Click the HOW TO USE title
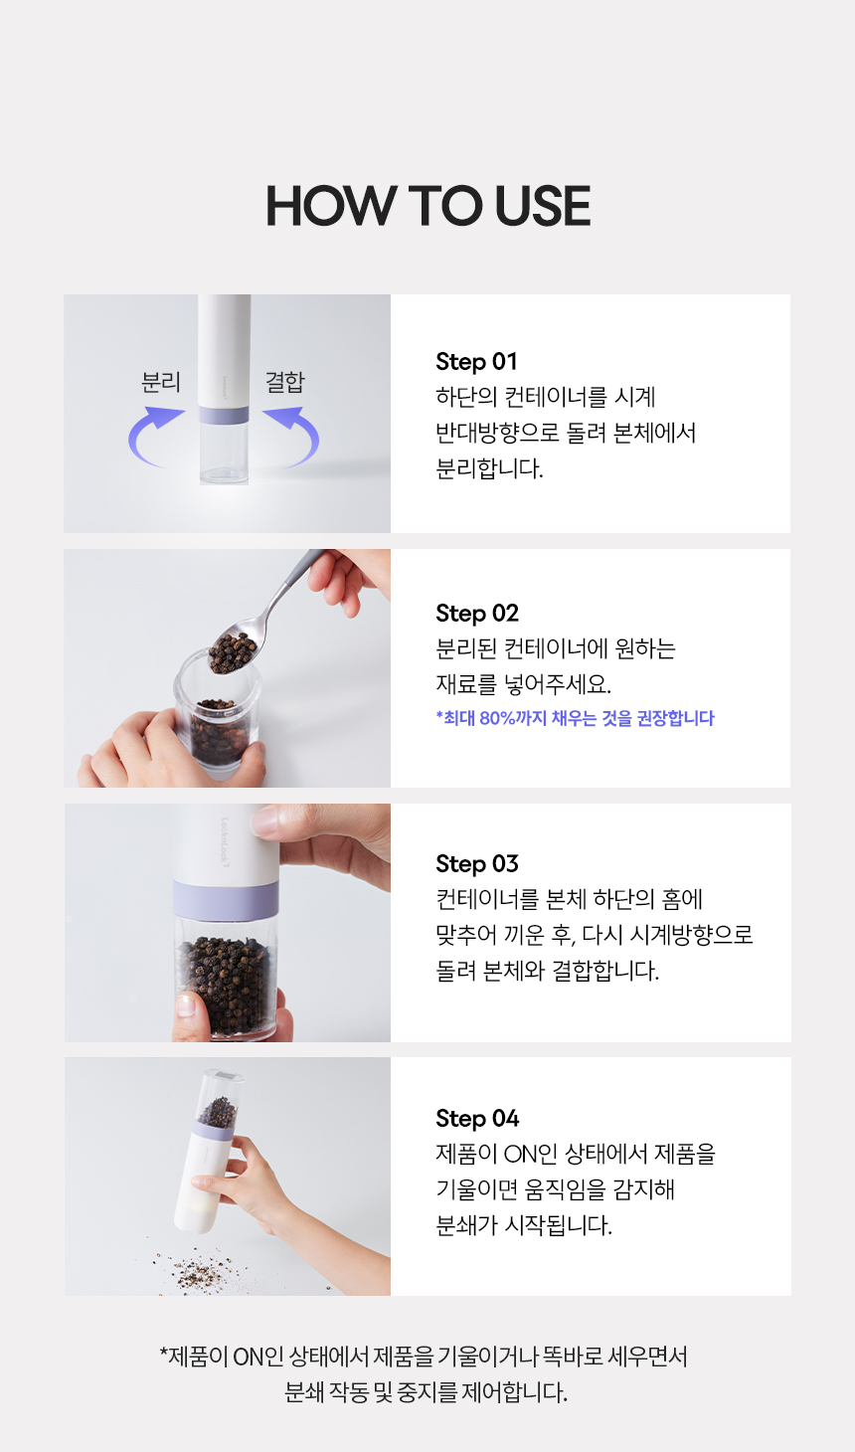(x=427, y=206)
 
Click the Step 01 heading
(x=476, y=362)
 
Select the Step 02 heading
(x=477, y=614)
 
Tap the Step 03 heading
(x=477, y=864)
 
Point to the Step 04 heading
(x=477, y=1119)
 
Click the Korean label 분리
(x=161, y=382)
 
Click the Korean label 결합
(x=284, y=382)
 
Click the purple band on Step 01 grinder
(x=224, y=416)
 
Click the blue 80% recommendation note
(x=575, y=718)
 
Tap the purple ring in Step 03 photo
(x=226, y=899)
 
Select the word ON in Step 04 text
(x=520, y=1155)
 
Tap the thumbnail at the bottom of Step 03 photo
(x=185, y=1005)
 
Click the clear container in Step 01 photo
(x=224, y=454)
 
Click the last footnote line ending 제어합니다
(x=426, y=1392)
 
